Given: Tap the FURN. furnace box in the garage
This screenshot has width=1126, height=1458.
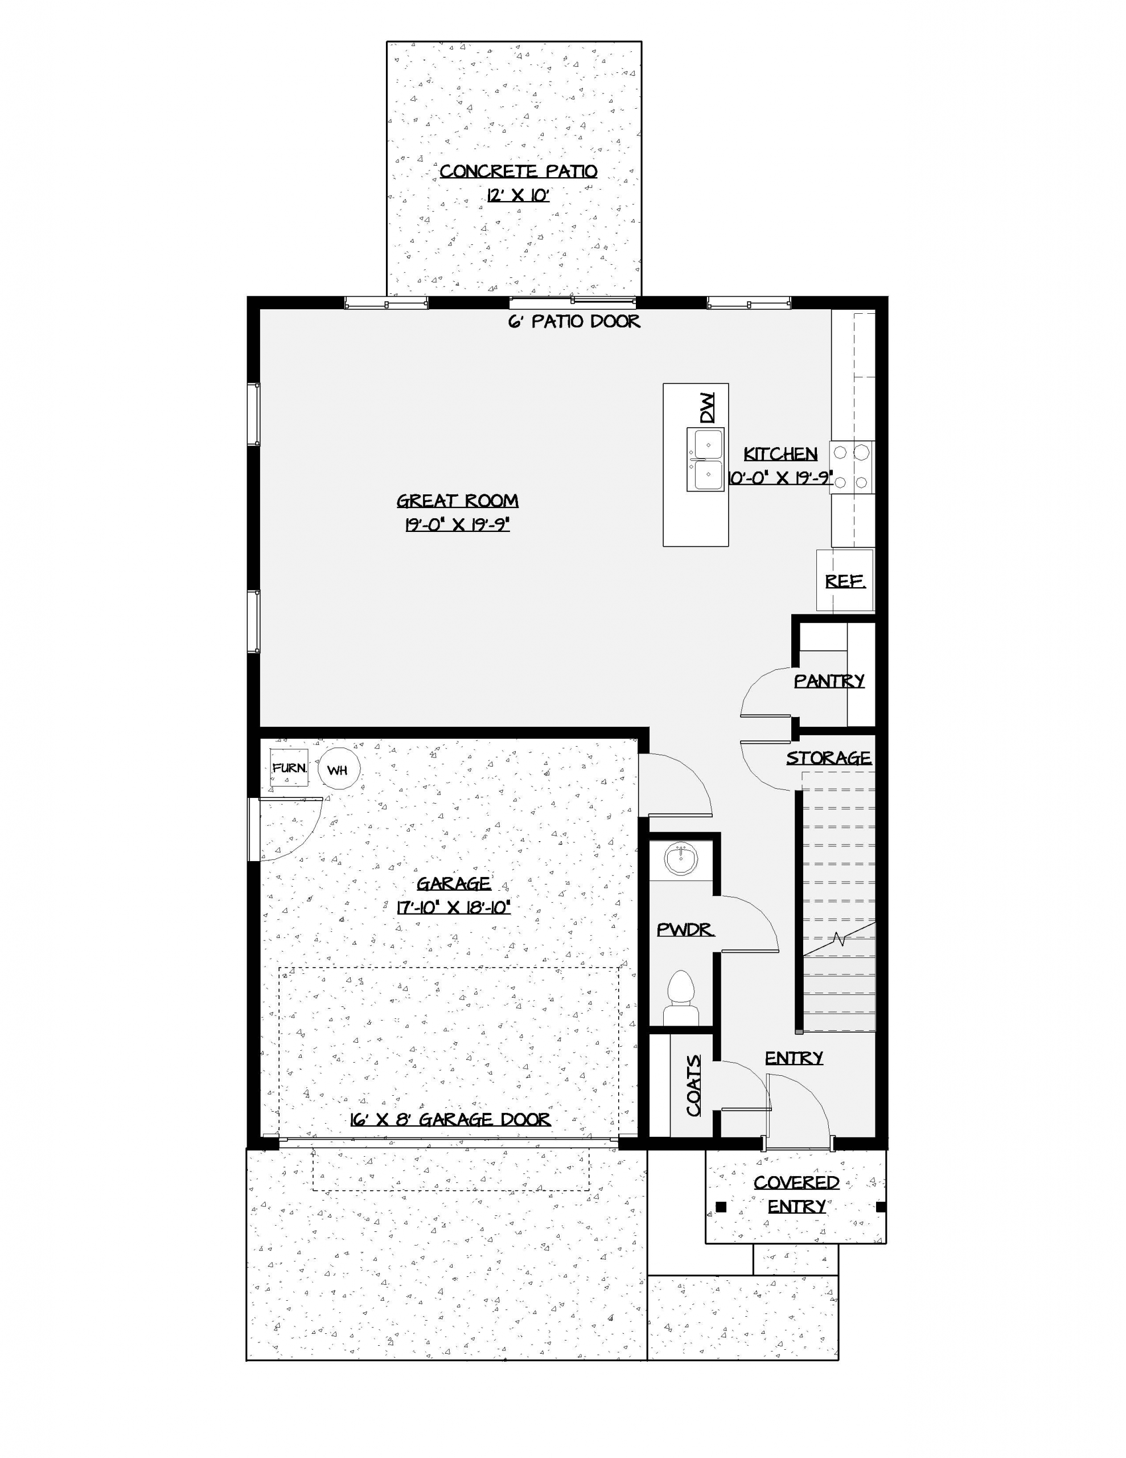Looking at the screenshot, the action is [289, 768].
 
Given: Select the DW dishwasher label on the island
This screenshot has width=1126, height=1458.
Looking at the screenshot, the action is [707, 408].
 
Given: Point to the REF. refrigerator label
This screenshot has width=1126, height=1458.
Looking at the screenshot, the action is [845, 581].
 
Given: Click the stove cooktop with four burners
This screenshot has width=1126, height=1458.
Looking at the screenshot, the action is [852, 468].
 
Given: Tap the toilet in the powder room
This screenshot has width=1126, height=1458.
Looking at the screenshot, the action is [681, 999].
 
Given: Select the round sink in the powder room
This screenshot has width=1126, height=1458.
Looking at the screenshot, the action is [681, 858].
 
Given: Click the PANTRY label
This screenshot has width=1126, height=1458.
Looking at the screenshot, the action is [829, 681].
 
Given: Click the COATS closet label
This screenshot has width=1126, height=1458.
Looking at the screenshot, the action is [694, 1086].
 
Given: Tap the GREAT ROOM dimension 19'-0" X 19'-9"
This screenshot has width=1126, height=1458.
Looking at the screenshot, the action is [457, 525].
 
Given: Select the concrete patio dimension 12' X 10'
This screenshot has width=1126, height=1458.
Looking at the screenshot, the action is [518, 195].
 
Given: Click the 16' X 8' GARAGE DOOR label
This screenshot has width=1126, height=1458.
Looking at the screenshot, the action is [450, 1120].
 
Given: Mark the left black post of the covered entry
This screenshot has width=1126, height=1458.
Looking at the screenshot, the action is [721, 1206].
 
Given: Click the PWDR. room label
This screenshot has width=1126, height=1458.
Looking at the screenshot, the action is [685, 929].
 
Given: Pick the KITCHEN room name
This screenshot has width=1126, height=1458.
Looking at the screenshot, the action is [780, 454].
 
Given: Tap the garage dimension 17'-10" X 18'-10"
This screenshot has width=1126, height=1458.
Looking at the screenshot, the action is [454, 907].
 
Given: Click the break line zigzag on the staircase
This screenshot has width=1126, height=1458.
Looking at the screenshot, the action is [839, 940].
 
